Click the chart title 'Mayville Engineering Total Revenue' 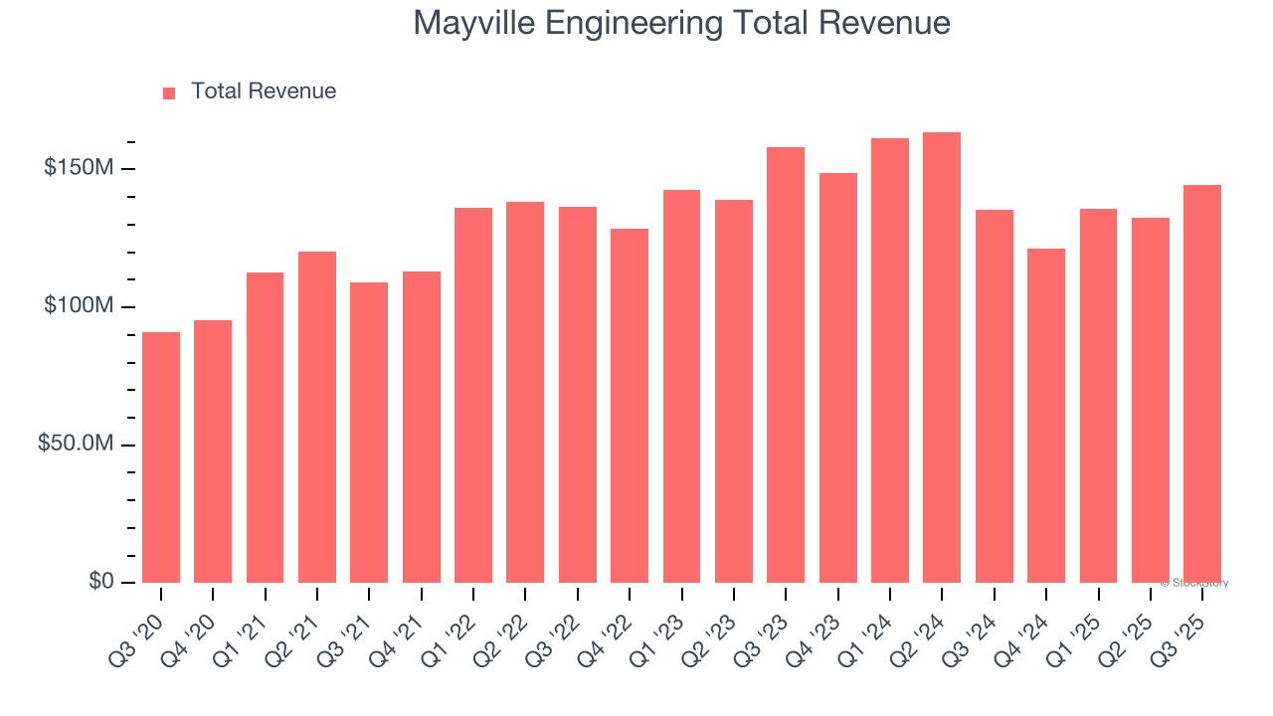pyautogui.click(x=681, y=23)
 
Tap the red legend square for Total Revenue pyautogui.click(x=169, y=92)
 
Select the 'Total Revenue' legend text pyautogui.click(x=263, y=91)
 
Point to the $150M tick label pyautogui.click(x=78, y=168)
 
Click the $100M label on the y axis pyautogui.click(x=78, y=306)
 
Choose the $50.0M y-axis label pyautogui.click(x=76, y=444)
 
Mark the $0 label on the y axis pyautogui.click(x=99, y=581)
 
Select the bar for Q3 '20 pyautogui.click(x=161, y=457)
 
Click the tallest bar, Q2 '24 pyautogui.click(x=942, y=358)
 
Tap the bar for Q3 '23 pyautogui.click(x=786, y=365)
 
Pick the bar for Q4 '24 pyautogui.click(x=1046, y=416)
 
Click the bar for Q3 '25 pyautogui.click(x=1202, y=384)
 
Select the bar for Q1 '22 pyautogui.click(x=473, y=395)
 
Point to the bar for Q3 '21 pyautogui.click(x=369, y=433)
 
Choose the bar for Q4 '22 pyautogui.click(x=630, y=406)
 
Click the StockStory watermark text pyautogui.click(x=1194, y=583)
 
